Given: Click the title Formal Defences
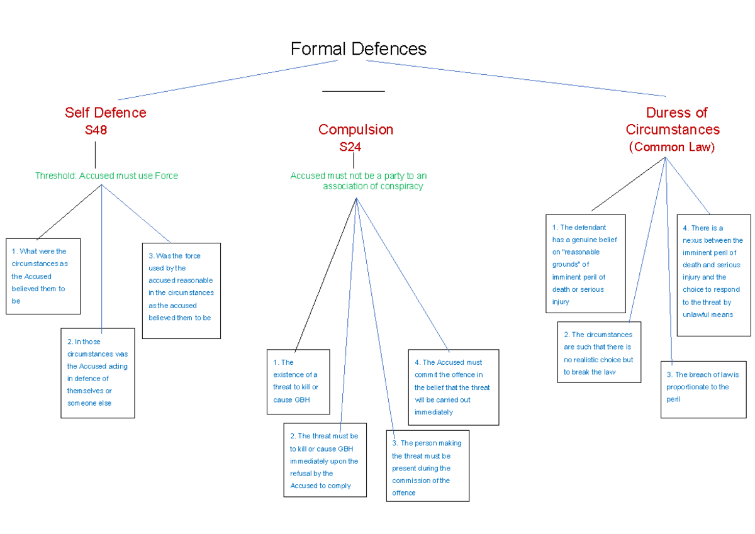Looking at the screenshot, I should click(x=358, y=49).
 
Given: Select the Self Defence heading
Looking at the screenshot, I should click(x=105, y=113).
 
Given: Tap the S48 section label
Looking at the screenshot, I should click(x=96, y=130).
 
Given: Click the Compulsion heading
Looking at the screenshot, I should click(x=355, y=130).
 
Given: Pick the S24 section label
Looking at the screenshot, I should click(x=350, y=147).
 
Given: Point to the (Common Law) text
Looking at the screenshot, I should click(x=672, y=147).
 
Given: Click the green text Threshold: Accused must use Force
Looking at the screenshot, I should click(x=106, y=176).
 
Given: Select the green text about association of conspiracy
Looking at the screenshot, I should click(x=359, y=181).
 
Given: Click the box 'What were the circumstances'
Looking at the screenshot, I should click(x=43, y=276).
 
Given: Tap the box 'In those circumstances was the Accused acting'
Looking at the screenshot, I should click(x=98, y=372).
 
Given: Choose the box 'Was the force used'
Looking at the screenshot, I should click(x=181, y=291).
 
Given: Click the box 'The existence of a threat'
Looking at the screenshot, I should click(x=298, y=382).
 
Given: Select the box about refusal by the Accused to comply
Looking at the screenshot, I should click(x=325, y=460).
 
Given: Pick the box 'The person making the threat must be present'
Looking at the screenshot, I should click(x=427, y=466).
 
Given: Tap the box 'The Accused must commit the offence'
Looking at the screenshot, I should click(x=453, y=387).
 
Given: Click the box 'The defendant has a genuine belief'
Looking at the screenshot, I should click(x=585, y=264).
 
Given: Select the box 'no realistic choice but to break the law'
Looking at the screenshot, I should click(x=599, y=352).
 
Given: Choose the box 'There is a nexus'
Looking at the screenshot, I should click(x=713, y=275).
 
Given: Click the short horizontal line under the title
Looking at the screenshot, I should click(x=353, y=92).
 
